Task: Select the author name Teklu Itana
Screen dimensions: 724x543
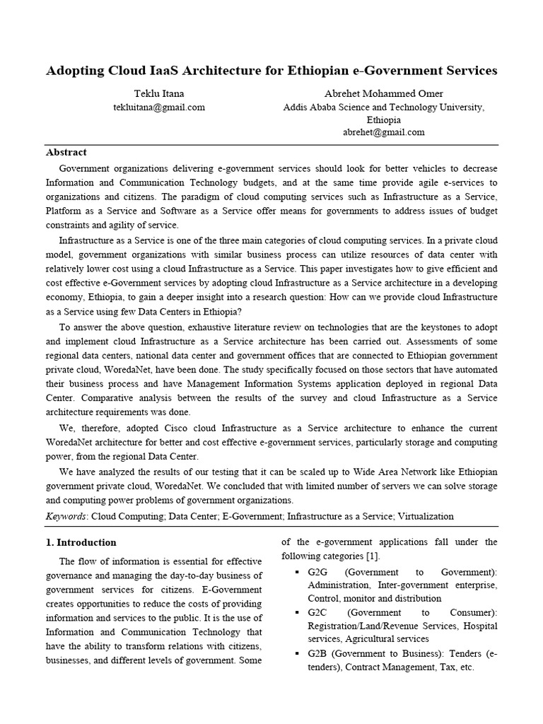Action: (x=159, y=94)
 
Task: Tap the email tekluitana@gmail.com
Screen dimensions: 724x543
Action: (x=159, y=107)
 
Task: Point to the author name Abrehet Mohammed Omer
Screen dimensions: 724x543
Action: (x=384, y=94)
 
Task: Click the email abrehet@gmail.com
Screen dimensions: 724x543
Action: (x=384, y=132)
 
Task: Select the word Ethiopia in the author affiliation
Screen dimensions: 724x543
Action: (x=384, y=119)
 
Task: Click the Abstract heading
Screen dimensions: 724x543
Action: (x=66, y=152)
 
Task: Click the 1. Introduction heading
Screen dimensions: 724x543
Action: (x=81, y=543)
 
